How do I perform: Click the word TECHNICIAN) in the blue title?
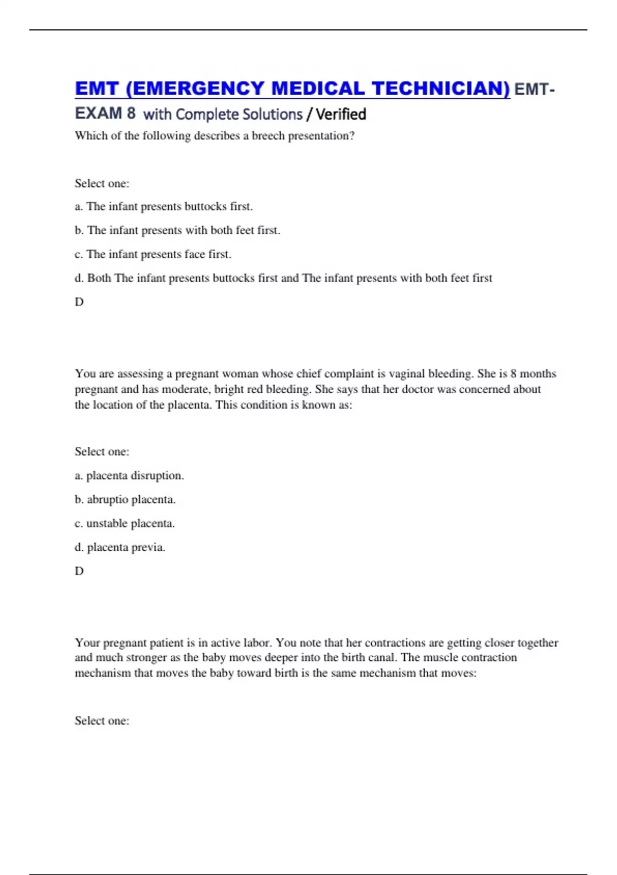(x=441, y=89)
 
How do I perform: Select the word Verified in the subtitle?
(x=341, y=114)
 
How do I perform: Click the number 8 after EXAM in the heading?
(x=131, y=113)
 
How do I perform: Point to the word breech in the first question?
(x=268, y=136)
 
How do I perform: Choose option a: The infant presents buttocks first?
(x=164, y=206)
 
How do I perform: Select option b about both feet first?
(x=177, y=230)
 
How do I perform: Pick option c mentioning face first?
(x=153, y=254)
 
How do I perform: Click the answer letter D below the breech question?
(x=79, y=302)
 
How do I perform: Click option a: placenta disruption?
(x=129, y=476)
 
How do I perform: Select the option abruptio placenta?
(x=125, y=499)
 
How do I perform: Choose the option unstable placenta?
(x=124, y=523)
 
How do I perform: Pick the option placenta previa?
(x=120, y=547)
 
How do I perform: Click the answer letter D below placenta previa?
(x=79, y=571)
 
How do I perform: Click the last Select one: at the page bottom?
(x=102, y=721)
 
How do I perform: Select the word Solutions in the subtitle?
(x=272, y=114)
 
